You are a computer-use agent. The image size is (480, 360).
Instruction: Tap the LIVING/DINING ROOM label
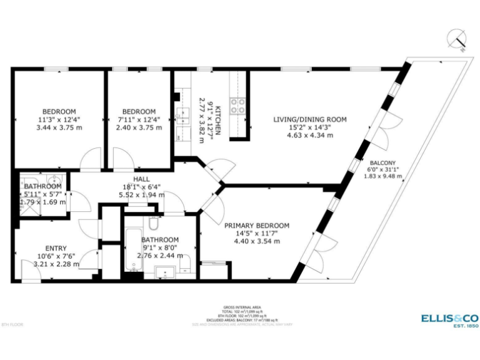310,119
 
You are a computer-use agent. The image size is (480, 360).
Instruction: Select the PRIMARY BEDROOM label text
257,226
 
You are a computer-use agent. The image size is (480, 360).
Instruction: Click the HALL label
141,179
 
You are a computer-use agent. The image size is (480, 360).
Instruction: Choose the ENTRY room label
56,248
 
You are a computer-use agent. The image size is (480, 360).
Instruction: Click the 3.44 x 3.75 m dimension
60,127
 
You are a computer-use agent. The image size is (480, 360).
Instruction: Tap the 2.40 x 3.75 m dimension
139,127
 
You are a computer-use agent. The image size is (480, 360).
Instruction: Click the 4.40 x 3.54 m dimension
257,241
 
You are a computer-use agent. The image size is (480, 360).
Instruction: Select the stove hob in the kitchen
237,106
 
